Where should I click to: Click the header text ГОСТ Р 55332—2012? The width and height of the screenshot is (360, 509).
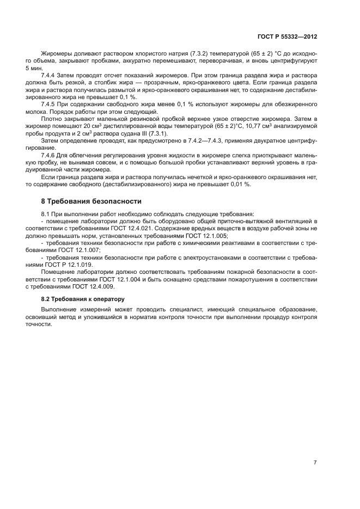[x=287, y=35]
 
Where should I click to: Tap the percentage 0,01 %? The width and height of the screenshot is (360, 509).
[x=241, y=184]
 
